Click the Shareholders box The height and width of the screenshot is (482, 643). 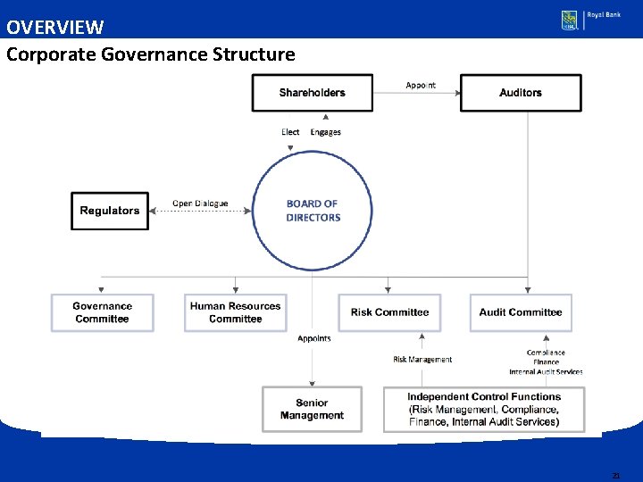coord(312,93)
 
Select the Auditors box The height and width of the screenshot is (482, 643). coord(521,93)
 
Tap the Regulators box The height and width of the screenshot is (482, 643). coord(110,211)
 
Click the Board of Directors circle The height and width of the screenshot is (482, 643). coord(313,211)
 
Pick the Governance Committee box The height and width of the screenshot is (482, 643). coord(102,312)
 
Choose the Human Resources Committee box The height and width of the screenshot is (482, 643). coord(236,312)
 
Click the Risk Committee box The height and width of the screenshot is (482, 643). coord(389,312)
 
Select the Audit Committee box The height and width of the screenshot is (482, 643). coord(521,312)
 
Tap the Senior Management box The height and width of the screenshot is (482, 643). coord(312,409)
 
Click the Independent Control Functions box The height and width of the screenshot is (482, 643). coord(484,409)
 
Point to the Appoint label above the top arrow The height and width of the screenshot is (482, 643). coord(421,86)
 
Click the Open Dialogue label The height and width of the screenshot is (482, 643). coord(200,204)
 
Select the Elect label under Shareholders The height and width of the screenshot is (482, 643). coord(290,132)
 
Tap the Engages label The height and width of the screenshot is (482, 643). coord(326,132)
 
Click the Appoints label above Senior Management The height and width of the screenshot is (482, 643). coord(314,338)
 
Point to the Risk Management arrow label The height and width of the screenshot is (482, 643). coord(422,360)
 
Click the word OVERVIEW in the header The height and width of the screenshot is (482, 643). coord(54,28)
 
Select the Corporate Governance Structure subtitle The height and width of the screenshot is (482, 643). coord(150,54)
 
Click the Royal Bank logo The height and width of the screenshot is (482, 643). coord(590,20)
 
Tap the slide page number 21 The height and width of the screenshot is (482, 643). coord(615,476)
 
